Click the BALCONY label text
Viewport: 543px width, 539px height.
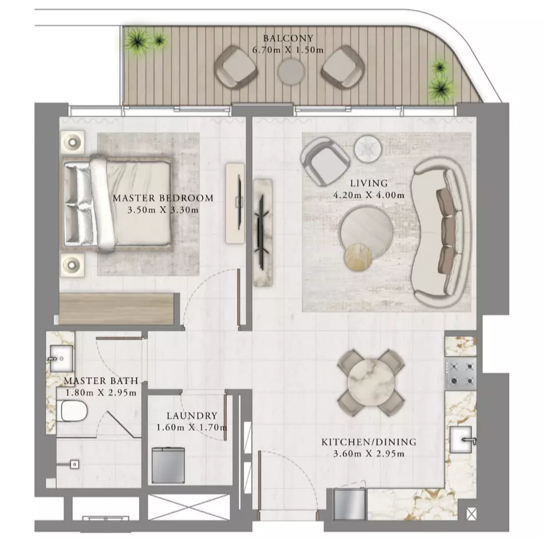[x=288, y=38]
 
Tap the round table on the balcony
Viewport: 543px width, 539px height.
[x=292, y=72]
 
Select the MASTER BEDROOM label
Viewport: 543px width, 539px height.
[x=163, y=198]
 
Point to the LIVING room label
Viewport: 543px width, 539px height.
[x=369, y=183]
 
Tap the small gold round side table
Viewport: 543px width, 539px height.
[x=358, y=257]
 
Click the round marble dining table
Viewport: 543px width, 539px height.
[x=370, y=382]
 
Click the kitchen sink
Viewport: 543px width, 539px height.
[x=461, y=440]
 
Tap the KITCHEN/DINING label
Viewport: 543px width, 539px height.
[x=369, y=442]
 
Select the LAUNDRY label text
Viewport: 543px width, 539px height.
[x=192, y=415]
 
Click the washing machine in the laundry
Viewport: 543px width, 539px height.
[x=168, y=465]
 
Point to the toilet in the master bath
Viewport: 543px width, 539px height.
[x=72, y=411]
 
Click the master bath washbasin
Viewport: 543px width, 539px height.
[x=61, y=359]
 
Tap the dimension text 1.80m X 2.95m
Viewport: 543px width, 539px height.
[x=101, y=392]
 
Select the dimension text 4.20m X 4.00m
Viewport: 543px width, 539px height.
[x=369, y=195]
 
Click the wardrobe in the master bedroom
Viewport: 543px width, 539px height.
[x=117, y=309]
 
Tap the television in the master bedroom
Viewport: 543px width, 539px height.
[x=239, y=202]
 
